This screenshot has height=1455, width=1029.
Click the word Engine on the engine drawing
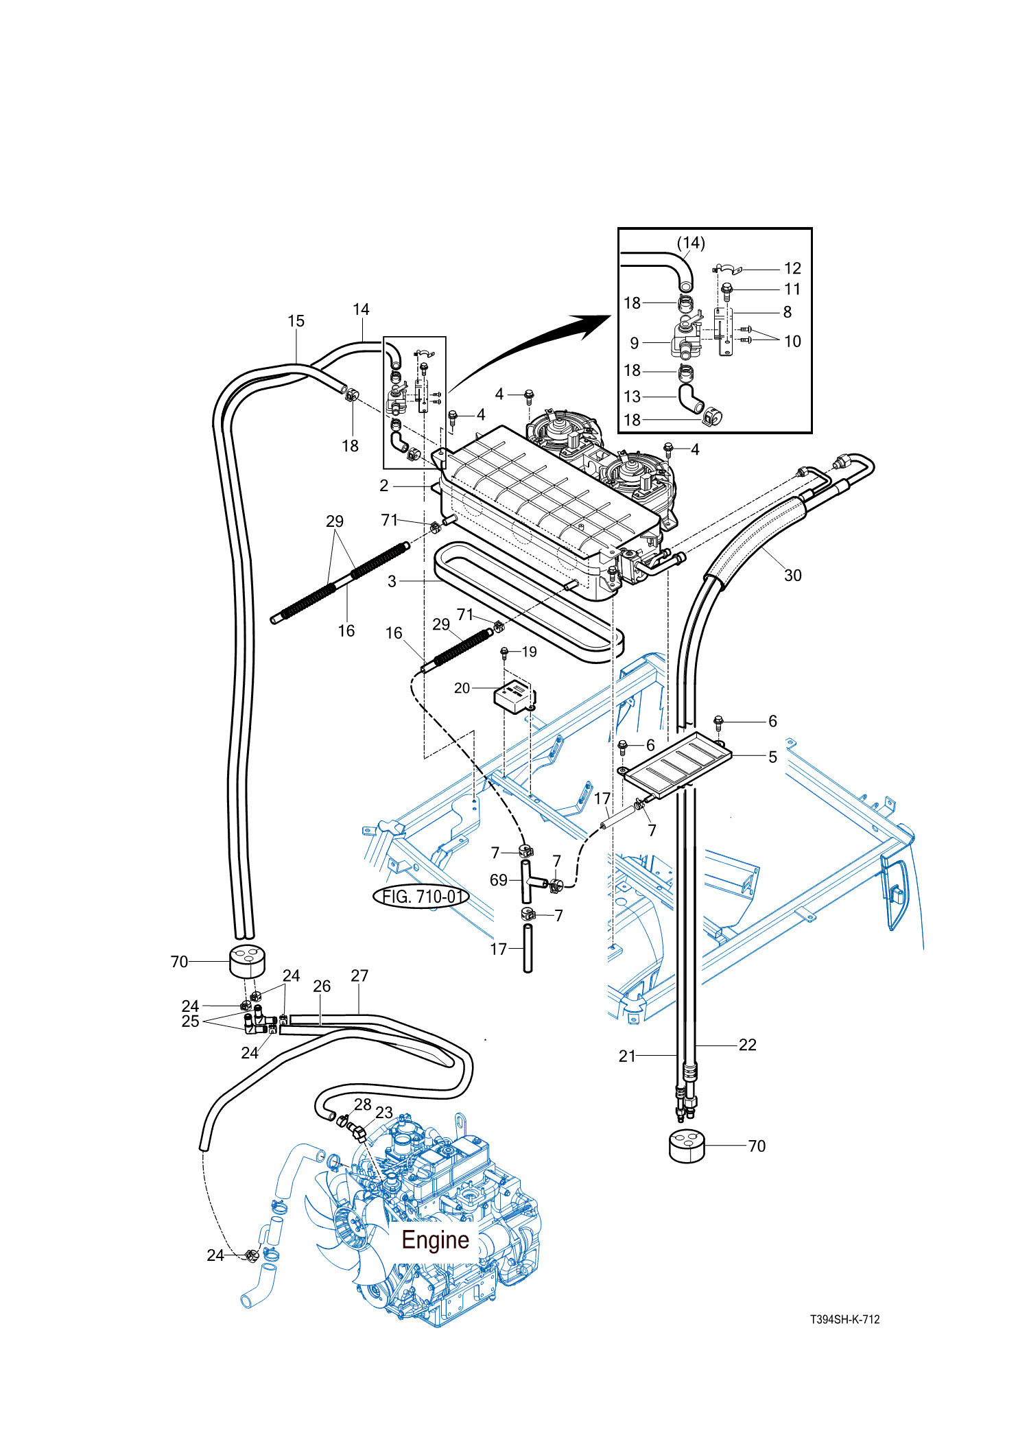click(435, 1240)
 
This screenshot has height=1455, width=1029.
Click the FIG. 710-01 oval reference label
click(421, 897)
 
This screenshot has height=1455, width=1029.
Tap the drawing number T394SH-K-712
click(844, 1319)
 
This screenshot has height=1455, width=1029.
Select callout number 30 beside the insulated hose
click(792, 576)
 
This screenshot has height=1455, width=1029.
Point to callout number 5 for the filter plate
click(772, 757)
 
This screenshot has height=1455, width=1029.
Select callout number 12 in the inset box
click(792, 268)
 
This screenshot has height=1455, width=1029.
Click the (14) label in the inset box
click(691, 243)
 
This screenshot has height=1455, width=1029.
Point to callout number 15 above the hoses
click(296, 321)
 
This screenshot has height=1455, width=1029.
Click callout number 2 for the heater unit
click(384, 486)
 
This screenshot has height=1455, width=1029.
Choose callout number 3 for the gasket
click(392, 581)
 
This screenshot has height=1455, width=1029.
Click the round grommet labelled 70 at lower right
click(687, 1146)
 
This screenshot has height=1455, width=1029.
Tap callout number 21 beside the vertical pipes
click(627, 1056)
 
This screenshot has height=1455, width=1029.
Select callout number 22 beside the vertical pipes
click(747, 1045)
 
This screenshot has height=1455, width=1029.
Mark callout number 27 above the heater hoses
click(359, 975)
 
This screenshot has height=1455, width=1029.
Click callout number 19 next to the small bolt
click(529, 652)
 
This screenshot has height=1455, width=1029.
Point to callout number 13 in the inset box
click(632, 397)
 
